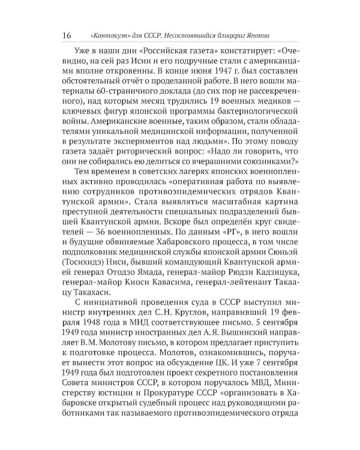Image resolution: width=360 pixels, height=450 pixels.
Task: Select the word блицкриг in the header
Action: (247, 35)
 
